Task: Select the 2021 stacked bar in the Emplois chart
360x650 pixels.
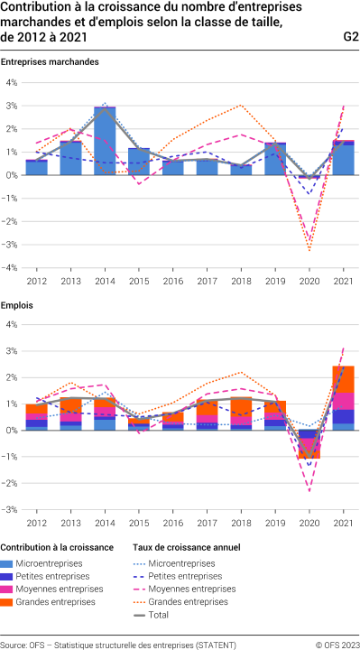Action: [x=344, y=397]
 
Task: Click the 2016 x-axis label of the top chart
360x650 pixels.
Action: [x=173, y=280]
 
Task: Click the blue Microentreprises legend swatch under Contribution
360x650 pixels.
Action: [x=7, y=562]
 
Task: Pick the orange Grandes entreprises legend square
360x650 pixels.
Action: [x=7, y=601]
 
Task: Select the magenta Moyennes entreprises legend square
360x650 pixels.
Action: [x=7, y=589]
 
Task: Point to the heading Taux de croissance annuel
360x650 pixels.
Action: [x=186, y=547]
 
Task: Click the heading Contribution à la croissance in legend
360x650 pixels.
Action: [x=57, y=547]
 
